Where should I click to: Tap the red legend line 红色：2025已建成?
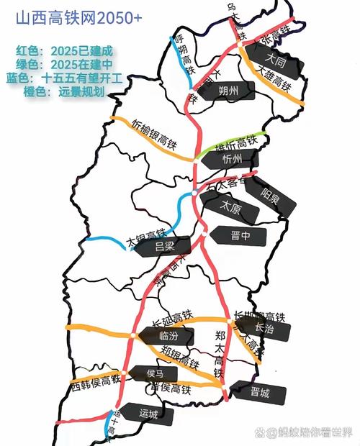[65, 51]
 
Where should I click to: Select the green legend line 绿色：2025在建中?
[65, 63]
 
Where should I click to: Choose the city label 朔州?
[229, 90]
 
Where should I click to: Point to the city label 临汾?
[167, 335]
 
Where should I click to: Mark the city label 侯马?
[156, 373]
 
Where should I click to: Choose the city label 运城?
[148, 414]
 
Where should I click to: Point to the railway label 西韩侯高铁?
[94, 384]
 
